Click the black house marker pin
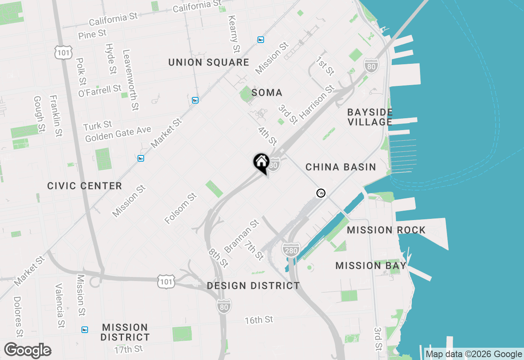coord(261,163)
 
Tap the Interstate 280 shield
coord(291,250)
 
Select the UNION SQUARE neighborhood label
coord(209,63)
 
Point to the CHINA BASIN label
coord(341,167)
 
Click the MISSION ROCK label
coord(386,230)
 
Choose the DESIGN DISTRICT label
coord(253,286)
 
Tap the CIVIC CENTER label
coord(84,186)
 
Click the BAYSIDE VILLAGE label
coord(370,117)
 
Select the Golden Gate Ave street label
coord(118,134)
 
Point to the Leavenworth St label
coord(131,80)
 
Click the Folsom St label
coord(181,209)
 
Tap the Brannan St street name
coord(242,236)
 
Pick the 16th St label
coord(259,320)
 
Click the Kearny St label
coord(233,34)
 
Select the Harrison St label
coord(317,103)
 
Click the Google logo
coord(27,350)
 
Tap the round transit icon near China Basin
coord(321,193)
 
